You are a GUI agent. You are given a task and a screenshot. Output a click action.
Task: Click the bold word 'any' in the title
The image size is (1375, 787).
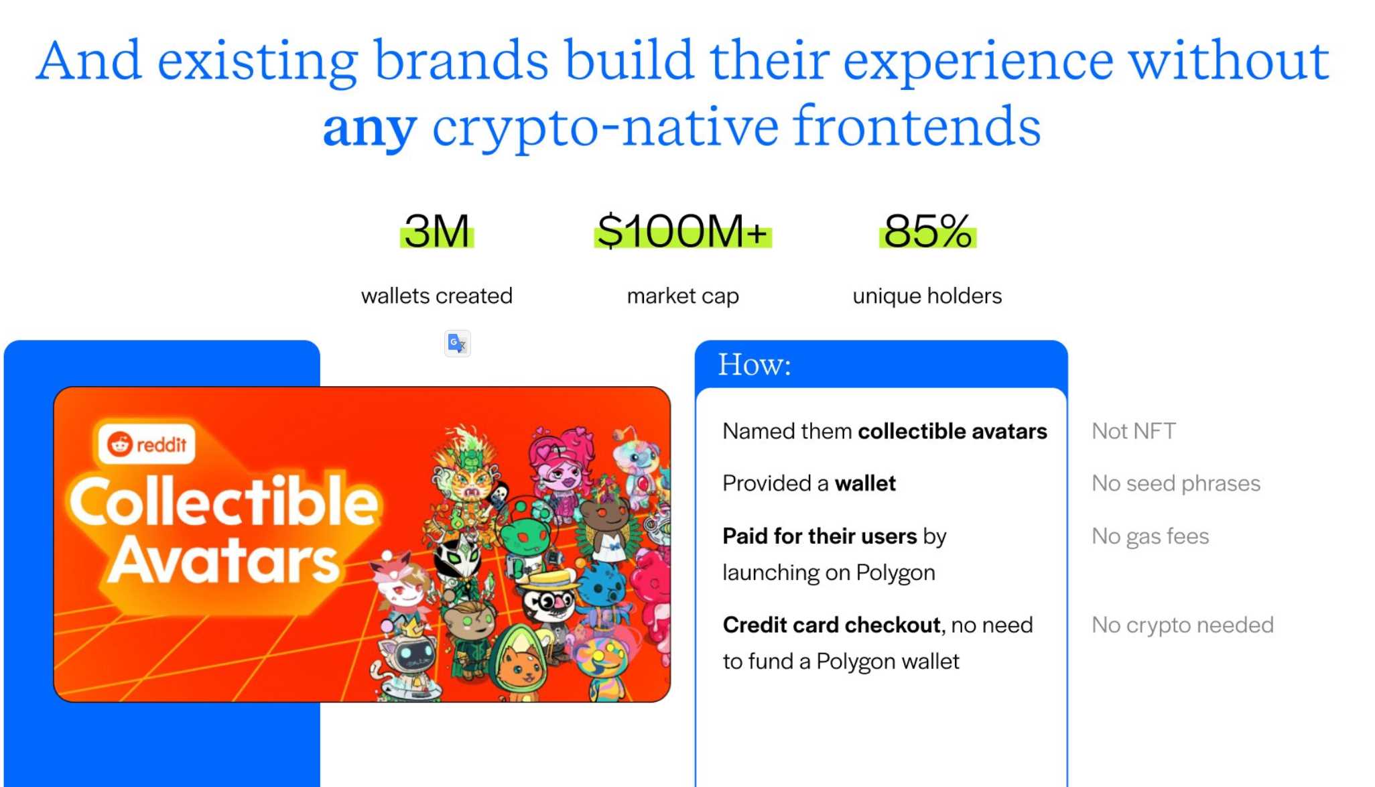(370, 129)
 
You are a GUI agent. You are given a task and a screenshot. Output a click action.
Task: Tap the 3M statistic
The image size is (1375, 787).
(437, 231)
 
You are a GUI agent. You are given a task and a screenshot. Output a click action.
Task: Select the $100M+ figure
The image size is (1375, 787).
(683, 231)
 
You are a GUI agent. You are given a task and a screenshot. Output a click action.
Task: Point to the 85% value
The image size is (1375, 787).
(928, 231)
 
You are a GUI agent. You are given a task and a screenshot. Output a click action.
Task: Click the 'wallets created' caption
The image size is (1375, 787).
(437, 296)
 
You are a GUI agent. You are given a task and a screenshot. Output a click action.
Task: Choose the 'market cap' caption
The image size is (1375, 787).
(683, 296)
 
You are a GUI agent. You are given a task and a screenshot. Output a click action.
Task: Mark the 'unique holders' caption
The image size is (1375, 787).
(927, 296)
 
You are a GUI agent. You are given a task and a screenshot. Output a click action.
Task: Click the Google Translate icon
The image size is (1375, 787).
(458, 343)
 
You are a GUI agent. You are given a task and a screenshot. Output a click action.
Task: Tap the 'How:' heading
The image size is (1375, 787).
(755, 365)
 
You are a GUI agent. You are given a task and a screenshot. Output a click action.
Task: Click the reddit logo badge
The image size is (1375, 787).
(147, 444)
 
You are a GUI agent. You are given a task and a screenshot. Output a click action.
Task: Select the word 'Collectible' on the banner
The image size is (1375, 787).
(224, 501)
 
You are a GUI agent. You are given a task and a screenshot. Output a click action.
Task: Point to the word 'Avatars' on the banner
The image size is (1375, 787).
(224, 560)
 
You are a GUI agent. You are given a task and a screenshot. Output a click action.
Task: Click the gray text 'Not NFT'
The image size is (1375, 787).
(1134, 431)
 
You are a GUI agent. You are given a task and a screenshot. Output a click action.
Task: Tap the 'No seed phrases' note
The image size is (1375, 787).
(1176, 483)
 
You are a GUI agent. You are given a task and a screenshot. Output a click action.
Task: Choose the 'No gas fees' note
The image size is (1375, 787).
(1151, 536)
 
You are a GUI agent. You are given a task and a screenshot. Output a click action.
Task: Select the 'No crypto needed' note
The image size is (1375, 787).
(1183, 625)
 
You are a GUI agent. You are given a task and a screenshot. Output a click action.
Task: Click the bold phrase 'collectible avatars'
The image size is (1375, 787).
(952, 431)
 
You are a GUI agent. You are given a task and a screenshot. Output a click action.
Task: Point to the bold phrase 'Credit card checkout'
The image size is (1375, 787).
(832, 625)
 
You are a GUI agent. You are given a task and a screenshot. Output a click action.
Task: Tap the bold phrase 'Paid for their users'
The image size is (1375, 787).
(820, 536)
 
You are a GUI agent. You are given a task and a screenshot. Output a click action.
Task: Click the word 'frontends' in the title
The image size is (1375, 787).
(917, 127)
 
